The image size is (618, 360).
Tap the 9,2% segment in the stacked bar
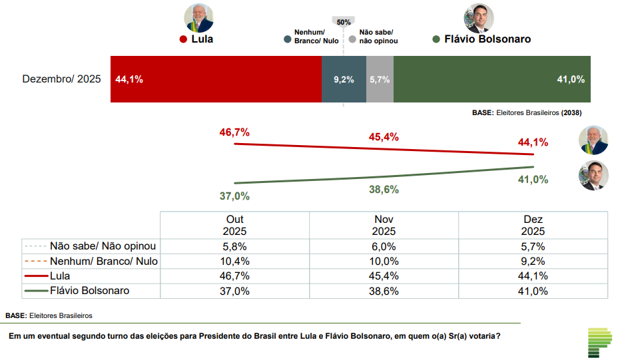[344, 79]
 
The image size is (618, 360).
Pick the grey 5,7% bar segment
[380, 79]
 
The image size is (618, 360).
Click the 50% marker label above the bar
[344, 22]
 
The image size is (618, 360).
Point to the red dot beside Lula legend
[183, 39]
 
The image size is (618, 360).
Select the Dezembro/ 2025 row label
[61, 79]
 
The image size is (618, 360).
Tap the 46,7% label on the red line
[234, 132]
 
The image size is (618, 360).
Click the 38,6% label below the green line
[384, 190]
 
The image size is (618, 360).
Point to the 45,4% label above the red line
[384, 137]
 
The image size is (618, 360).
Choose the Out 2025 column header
[234, 226]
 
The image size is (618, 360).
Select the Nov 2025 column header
[384, 226]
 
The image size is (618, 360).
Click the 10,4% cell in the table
[234, 262]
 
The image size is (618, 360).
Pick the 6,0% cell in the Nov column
[384, 246]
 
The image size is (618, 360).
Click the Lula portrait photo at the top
[198, 18]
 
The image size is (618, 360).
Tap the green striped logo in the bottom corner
[599, 342]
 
